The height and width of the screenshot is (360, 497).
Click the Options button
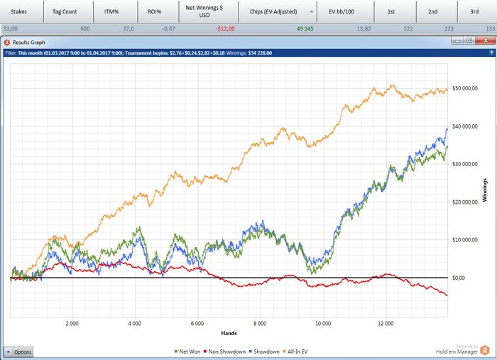[18, 351]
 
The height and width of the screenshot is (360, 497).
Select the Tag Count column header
[65, 12]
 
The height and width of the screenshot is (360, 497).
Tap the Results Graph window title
[31, 43]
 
